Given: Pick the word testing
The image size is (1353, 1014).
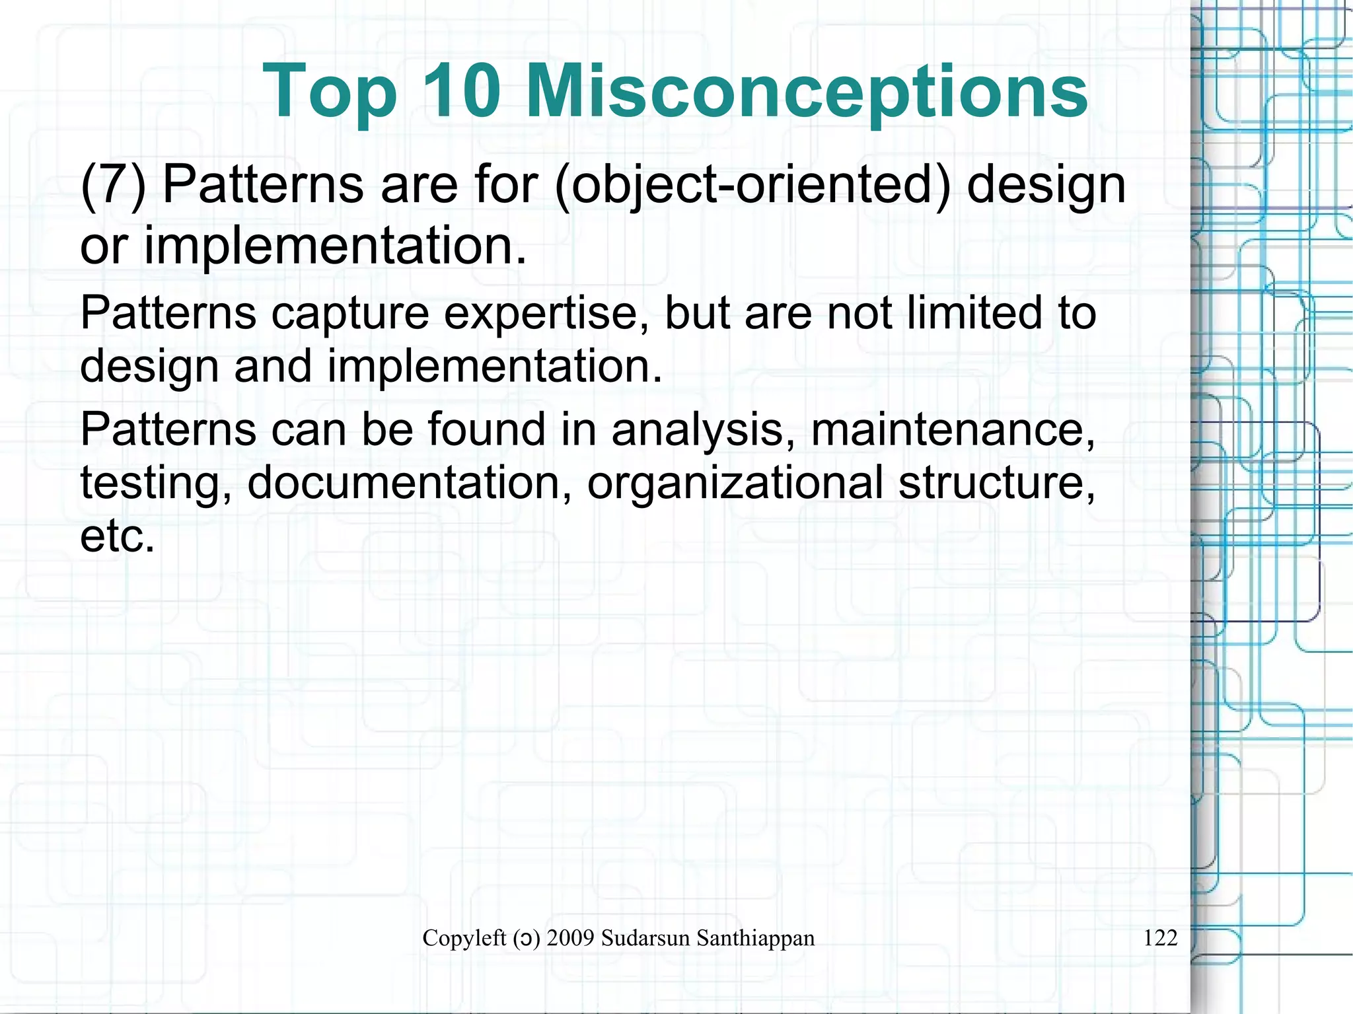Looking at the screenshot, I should pos(156,484).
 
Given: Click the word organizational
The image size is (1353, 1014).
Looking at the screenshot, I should pos(735,484).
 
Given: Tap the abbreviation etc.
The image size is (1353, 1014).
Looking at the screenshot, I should pos(117,536).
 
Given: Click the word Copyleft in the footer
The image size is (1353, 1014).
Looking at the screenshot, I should pos(464,938).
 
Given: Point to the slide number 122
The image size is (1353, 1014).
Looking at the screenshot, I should pos(1160,938).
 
